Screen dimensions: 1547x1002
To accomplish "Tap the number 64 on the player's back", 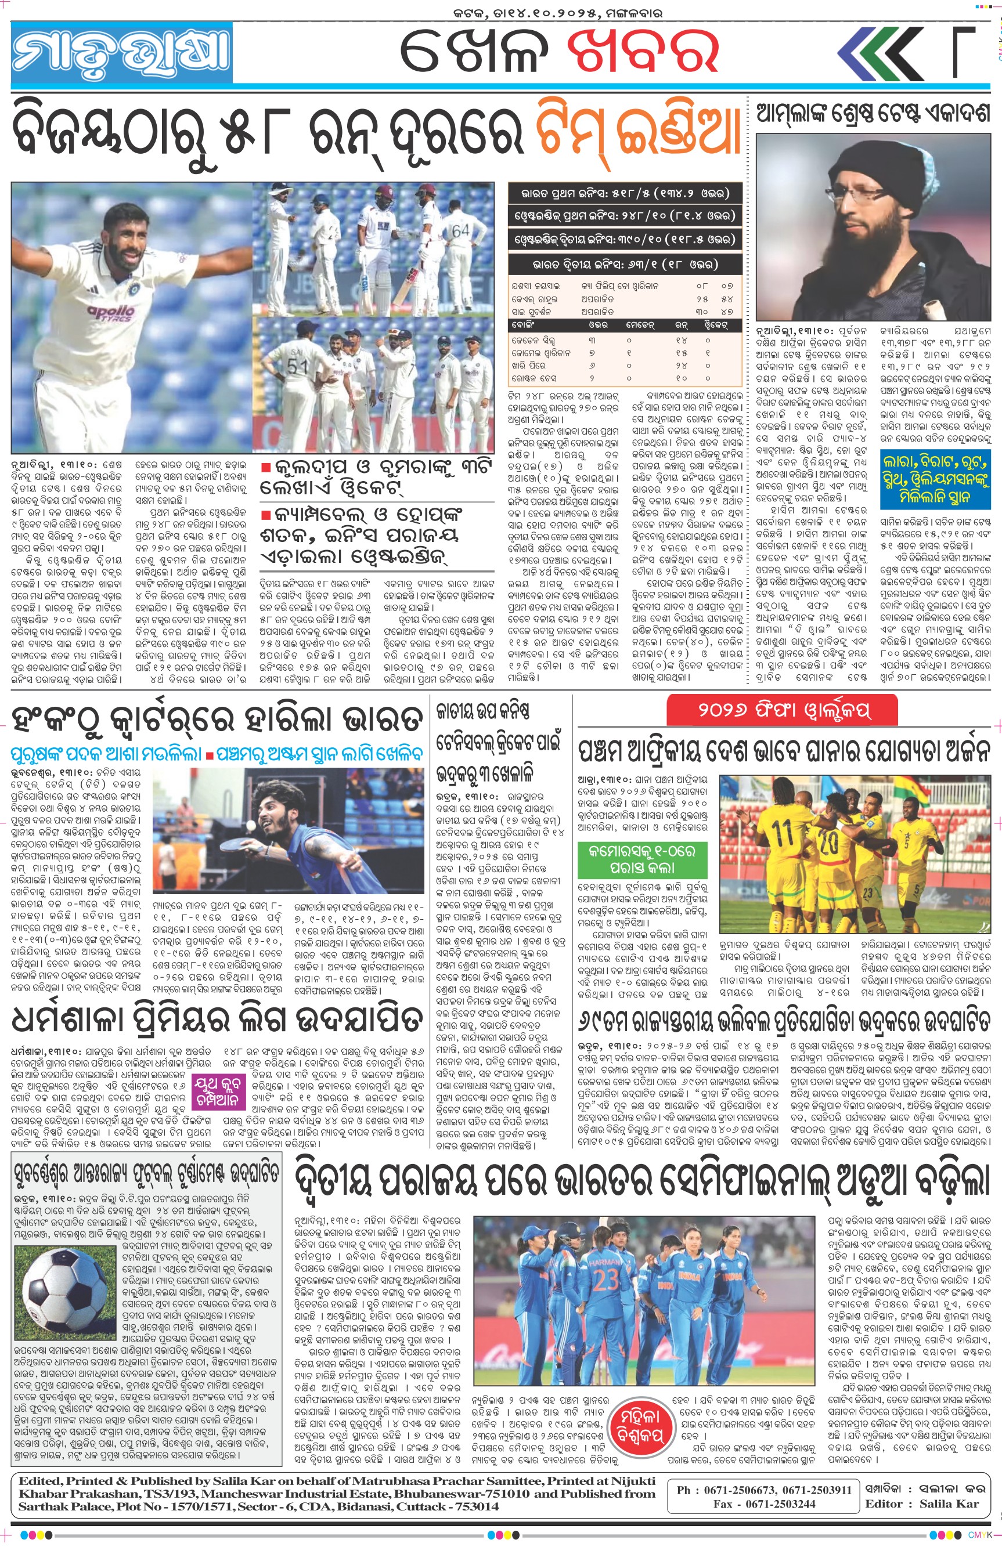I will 460,232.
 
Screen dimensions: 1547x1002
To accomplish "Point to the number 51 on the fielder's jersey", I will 297,366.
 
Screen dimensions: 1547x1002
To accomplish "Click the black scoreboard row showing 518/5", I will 624,193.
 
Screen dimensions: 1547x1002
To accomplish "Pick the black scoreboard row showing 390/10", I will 624,239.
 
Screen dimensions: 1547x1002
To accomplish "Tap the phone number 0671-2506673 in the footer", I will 730,1489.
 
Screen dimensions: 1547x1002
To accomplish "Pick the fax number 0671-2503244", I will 774,1503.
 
